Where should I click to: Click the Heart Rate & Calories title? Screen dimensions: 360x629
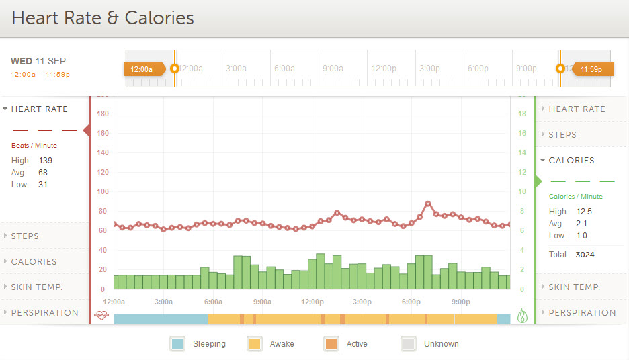[x=103, y=18]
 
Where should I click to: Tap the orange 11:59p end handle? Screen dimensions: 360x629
[x=591, y=69]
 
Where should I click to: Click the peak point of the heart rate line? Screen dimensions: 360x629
[x=428, y=203]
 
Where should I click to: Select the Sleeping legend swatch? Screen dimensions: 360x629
[x=177, y=344]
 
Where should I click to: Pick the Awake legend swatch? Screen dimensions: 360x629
[x=254, y=344]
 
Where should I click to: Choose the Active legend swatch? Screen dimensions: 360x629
[x=331, y=344]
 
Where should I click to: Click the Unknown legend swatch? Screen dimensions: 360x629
[x=408, y=344]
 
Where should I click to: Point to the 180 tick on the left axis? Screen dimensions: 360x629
[x=102, y=114]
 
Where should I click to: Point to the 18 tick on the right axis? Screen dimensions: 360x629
[x=521, y=114]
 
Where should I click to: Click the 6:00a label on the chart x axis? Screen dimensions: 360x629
[x=213, y=302]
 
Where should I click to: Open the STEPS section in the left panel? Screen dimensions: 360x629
[x=25, y=236]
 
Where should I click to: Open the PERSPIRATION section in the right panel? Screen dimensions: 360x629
[x=582, y=313]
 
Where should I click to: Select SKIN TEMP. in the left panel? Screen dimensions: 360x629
[x=36, y=287]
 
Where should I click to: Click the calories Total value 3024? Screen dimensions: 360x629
[x=585, y=255]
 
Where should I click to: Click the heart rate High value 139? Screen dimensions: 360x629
[x=45, y=161]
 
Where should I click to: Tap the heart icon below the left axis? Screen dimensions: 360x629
[x=101, y=314]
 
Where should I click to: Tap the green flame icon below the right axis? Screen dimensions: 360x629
[x=523, y=314]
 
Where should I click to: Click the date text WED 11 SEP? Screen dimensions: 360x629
[x=39, y=61]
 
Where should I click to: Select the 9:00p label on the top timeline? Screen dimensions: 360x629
[x=526, y=69]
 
